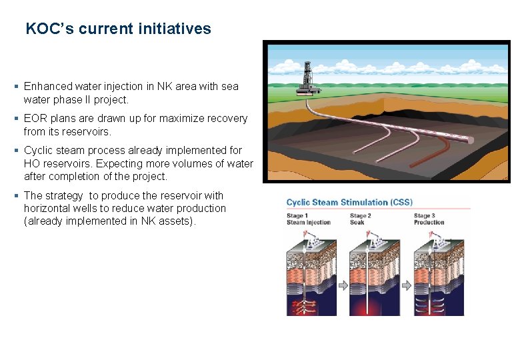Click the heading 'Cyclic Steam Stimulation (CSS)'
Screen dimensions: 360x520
349,202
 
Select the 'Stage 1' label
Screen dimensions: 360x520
297,216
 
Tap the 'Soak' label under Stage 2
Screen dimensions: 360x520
358,222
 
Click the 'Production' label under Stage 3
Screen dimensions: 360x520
429,222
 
